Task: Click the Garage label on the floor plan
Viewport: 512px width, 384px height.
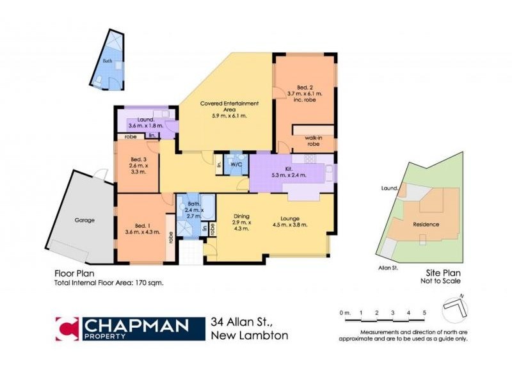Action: coord(84,220)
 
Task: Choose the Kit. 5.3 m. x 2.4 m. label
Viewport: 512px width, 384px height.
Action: coord(289,171)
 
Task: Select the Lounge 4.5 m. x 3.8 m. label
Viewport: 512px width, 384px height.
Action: coord(291,221)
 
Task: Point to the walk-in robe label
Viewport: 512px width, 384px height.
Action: coord(312,141)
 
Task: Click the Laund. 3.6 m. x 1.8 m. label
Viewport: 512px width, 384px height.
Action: coord(145,122)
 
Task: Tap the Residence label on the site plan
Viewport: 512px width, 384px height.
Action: coord(426,224)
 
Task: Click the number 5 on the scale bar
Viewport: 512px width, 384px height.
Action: coord(424,312)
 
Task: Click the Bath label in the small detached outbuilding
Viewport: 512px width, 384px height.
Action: coord(106,61)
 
